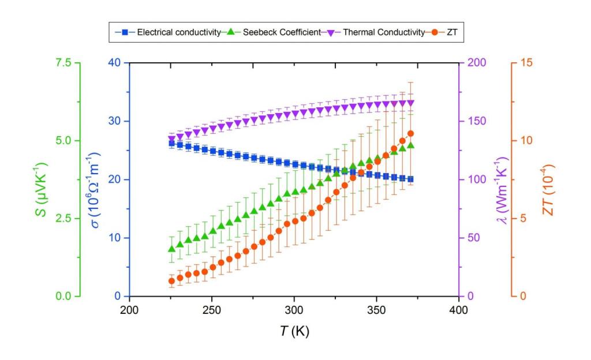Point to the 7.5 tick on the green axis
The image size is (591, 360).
coord(65,63)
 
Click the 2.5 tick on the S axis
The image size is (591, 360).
coord(65,219)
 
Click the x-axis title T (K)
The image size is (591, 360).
coord(294,331)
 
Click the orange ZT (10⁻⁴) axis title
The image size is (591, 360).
coord(549,179)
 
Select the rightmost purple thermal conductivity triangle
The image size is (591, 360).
coord(410,103)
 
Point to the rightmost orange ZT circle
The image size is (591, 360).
coord(410,134)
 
